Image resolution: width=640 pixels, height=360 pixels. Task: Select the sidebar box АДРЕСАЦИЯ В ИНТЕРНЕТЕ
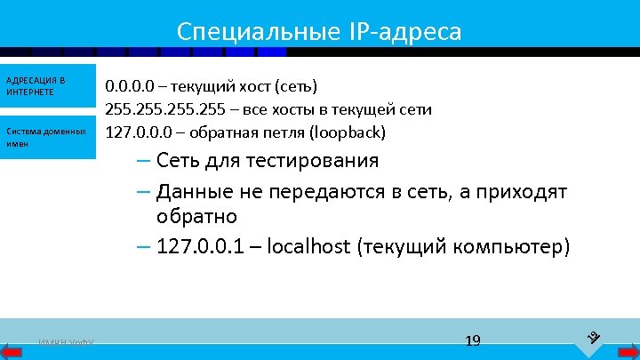point(47,86)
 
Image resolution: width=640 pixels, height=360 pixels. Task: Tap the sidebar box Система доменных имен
point(47,137)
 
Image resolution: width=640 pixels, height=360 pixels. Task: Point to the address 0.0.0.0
point(130,87)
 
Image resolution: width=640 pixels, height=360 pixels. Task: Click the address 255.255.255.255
point(164,110)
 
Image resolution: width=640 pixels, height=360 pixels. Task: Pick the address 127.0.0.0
point(138,133)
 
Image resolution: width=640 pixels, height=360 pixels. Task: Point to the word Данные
point(195,191)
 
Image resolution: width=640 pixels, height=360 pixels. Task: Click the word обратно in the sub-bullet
point(197,216)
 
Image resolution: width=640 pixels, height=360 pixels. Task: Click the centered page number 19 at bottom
point(472,340)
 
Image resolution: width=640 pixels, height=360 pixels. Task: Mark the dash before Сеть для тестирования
point(144,161)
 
